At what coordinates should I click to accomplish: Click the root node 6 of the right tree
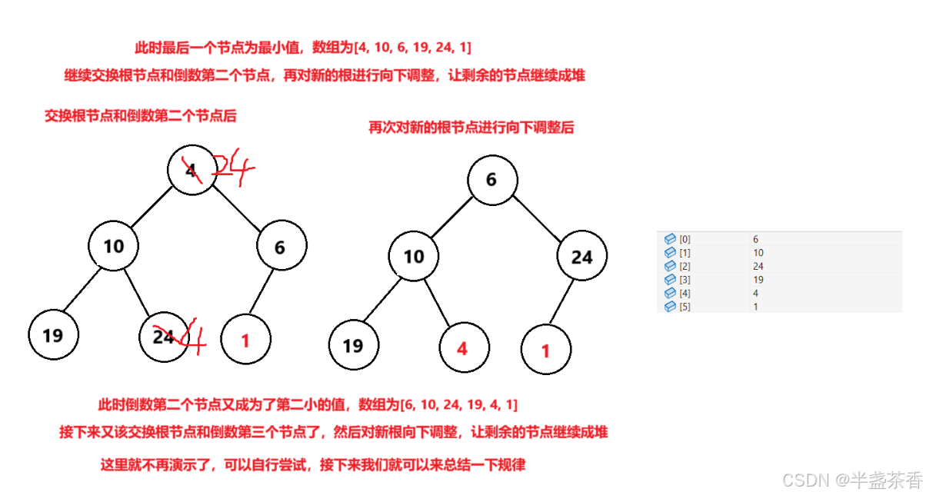tap(491, 180)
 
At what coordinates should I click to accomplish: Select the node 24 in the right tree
tap(581, 257)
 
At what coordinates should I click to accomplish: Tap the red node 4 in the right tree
tap(461, 347)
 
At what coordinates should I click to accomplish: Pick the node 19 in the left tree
tap(52, 336)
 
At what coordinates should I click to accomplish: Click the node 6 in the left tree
tap(280, 247)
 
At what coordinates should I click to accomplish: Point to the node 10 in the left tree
tap(114, 246)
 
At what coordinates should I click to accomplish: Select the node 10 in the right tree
tap(414, 256)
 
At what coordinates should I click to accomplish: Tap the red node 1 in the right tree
tap(546, 351)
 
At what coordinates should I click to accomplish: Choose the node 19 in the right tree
tap(353, 346)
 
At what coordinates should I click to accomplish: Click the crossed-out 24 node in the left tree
tap(164, 337)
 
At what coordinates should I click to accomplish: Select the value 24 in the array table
tap(759, 266)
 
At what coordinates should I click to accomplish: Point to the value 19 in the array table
tap(759, 280)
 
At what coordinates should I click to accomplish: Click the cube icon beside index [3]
tap(669, 280)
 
